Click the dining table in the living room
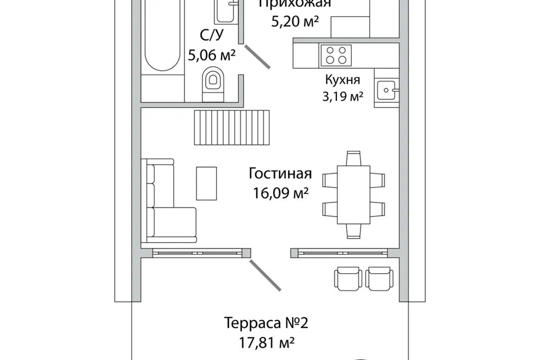[x=353, y=193]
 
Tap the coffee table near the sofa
[x=206, y=183]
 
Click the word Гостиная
[x=280, y=174]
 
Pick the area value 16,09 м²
[x=280, y=193]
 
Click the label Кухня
[x=342, y=79]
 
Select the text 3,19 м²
[x=342, y=96]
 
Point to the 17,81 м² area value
[x=267, y=342]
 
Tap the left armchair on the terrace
[x=345, y=278]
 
